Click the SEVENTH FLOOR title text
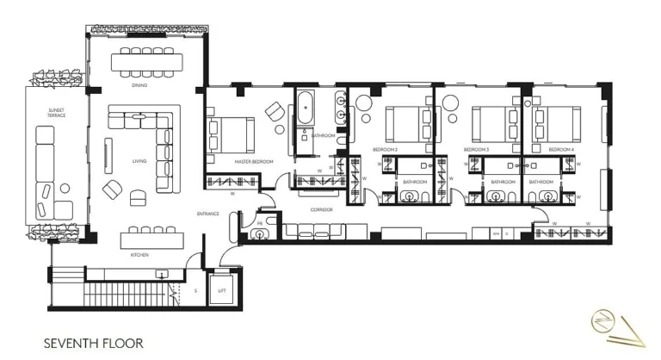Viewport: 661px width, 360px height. click(93, 343)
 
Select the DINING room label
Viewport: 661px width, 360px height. click(139, 86)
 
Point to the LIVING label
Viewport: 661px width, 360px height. click(139, 160)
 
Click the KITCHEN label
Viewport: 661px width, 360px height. click(140, 255)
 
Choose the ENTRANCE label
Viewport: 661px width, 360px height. click(207, 214)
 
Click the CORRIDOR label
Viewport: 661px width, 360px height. click(321, 209)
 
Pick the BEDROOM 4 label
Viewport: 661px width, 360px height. click(561, 149)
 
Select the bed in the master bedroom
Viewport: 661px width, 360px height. click(230, 134)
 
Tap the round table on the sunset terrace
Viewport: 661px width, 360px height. click(65, 189)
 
